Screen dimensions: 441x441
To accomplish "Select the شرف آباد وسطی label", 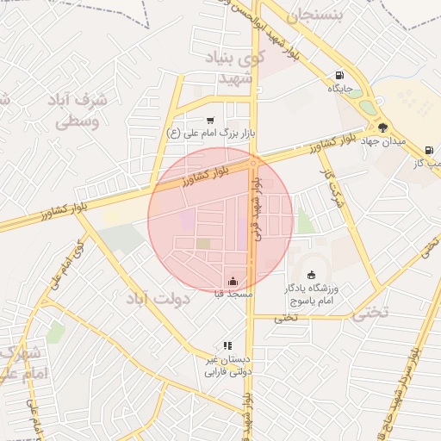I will point(84,109).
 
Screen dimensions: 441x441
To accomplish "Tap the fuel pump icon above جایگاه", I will point(339,75).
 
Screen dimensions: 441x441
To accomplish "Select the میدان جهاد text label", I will point(383,140).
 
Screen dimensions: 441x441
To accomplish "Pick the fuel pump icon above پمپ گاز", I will point(429,150).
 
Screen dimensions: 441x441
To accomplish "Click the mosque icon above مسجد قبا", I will point(233,281).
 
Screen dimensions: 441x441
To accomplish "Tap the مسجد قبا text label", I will point(233,295).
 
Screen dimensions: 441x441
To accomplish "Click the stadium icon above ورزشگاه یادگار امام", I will point(311,275).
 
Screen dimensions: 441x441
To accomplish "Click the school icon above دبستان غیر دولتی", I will point(227,345).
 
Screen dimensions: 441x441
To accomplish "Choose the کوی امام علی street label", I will point(68,266).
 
